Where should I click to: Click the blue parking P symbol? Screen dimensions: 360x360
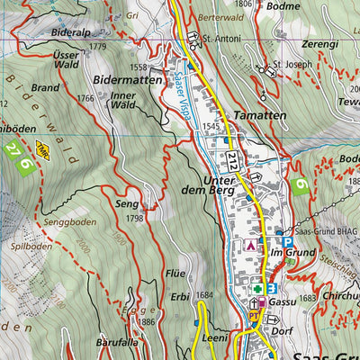tap(286, 242)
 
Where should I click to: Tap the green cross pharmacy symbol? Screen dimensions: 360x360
tap(259, 289)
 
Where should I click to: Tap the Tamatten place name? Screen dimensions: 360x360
tap(259, 116)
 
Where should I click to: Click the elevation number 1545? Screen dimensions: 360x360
tap(211, 126)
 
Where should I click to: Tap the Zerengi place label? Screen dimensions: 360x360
tap(319, 43)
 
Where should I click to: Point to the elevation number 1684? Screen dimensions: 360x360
tap(206, 294)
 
